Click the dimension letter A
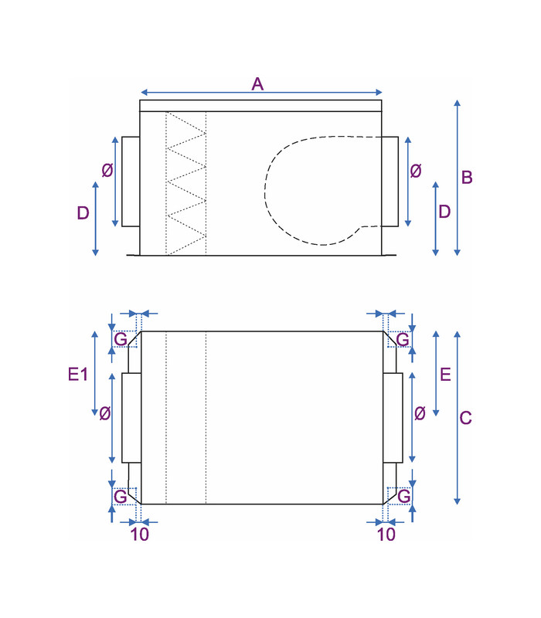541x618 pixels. (x=257, y=84)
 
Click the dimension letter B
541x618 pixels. (x=467, y=178)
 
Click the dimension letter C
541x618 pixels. (x=466, y=418)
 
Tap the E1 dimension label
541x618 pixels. (x=78, y=374)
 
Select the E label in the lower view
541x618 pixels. (x=445, y=374)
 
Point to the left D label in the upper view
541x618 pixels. (x=83, y=213)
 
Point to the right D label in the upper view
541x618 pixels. (x=444, y=212)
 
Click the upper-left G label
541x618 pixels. (x=121, y=339)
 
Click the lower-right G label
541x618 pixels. (x=403, y=496)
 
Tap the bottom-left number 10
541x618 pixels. (x=140, y=535)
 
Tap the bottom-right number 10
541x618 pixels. (x=386, y=535)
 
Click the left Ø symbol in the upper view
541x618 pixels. (x=107, y=170)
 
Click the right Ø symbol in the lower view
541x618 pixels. (x=420, y=413)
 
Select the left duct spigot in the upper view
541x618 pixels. (x=131, y=182)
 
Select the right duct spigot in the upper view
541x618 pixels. (x=390, y=182)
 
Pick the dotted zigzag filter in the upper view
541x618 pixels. (x=186, y=183)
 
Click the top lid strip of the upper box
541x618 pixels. (x=260, y=106)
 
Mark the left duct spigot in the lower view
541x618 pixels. (x=131, y=418)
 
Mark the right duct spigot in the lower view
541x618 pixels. (x=393, y=418)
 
